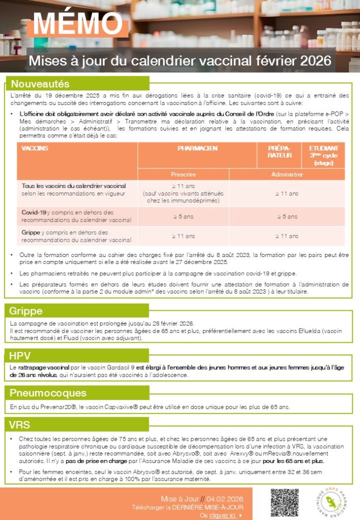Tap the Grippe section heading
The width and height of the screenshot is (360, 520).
[26, 311]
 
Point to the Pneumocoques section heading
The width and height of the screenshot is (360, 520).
[48, 393]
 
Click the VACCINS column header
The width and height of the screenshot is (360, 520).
[35, 148]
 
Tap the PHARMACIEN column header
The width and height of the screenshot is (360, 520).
[198, 148]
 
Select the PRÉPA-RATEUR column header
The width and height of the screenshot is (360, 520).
[280, 152]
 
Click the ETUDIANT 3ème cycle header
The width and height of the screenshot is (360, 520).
[323, 155]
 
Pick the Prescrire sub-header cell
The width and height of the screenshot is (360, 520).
[183, 174]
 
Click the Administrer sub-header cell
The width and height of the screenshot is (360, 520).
[287, 174]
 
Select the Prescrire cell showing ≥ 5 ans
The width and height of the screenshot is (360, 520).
[183, 216]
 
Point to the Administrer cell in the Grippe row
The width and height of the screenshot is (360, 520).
[287, 236]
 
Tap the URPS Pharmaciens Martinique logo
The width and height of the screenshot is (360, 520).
[333, 502]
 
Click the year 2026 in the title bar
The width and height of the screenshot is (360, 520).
[315, 61]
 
